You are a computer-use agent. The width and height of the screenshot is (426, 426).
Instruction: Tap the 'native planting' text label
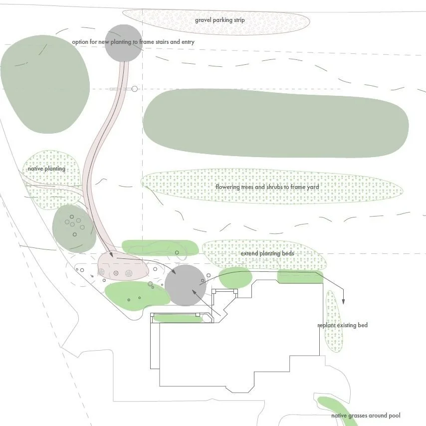click(x=46, y=169)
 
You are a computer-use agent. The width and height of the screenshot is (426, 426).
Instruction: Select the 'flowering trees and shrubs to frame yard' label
click(x=267, y=187)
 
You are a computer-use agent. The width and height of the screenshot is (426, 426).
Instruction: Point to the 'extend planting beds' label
click(x=267, y=253)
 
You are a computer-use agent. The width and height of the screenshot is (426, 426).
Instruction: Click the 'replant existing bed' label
click(x=343, y=325)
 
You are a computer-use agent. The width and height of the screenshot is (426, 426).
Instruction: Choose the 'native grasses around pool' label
click(x=366, y=416)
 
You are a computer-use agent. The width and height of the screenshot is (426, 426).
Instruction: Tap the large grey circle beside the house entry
click(x=185, y=285)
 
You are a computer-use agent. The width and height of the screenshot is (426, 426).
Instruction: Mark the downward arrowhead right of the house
click(x=343, y=301)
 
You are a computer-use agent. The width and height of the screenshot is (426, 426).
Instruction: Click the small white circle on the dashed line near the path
click(x=134, y=89)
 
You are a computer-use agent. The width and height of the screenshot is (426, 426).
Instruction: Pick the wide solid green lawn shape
click(x=275, y=123)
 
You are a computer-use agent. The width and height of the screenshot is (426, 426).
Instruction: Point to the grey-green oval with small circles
click(x=74, y=228)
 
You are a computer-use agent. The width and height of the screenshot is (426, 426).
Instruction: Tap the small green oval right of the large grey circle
click(x=235, y=277)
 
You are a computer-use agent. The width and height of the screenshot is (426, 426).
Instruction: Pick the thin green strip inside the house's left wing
click(x=178, y=318)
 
